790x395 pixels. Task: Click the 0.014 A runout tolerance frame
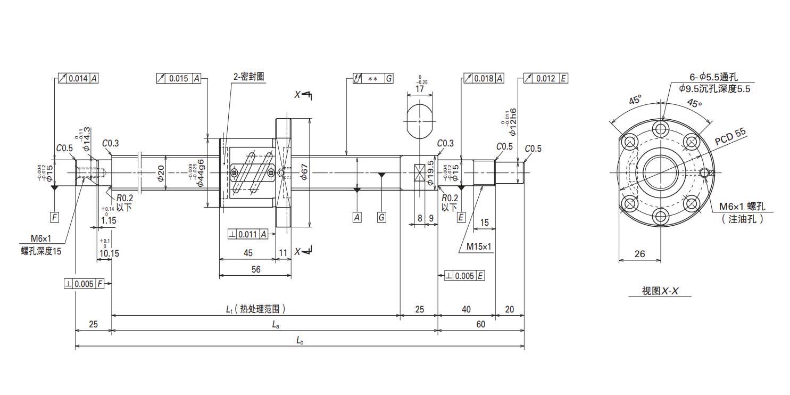[x=78, y=78]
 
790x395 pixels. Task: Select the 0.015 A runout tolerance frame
[x=179, y=78]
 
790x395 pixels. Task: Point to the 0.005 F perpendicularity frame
[x=84, y=284]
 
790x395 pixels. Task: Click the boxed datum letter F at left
[x=55, y=217]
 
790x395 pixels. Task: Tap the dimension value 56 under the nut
[x=256, y=269]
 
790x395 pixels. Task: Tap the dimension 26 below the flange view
[x=639, y=254]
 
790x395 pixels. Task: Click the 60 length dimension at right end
[x=481, y=324]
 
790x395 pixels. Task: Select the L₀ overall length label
[x=300, y=340]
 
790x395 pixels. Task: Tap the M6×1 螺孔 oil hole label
[x=742, y=206]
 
